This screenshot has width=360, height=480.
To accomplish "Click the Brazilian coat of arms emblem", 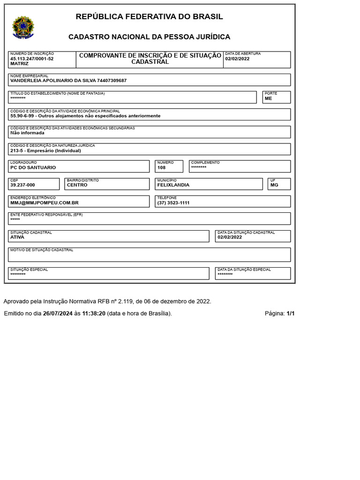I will click(x=23, y=28).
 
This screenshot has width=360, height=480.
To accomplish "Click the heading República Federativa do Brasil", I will click(x=149, y=17).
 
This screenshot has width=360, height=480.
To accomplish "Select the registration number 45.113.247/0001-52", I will click(x=32, y=59).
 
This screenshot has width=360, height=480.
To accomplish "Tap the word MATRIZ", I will click(x=19, y=63).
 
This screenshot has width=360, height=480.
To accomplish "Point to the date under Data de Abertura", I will click(x=237, y=59).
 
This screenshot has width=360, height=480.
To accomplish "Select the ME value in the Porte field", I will click(x=268, y=98).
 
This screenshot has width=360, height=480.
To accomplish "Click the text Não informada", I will click(x=27, y=133).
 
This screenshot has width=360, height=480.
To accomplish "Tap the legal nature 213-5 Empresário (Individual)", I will click(x=45, y=150).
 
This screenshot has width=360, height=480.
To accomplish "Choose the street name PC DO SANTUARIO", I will click(x=33, y=167).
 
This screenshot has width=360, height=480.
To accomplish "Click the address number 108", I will click(x=162, y=167).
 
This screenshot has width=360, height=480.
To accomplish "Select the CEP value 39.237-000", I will click(x=22, y=185).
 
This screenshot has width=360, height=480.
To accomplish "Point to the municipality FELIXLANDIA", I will click(x=173, y=185).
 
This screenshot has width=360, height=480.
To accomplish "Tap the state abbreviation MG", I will click(x=274, y=185).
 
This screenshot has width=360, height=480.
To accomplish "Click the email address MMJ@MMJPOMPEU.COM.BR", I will click(x=45, y=202).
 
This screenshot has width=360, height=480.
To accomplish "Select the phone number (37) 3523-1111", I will click(x=173, y=202).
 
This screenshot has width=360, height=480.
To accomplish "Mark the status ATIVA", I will click(x=17, y=237).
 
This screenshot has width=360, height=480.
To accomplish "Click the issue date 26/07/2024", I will click(x=58, y=314).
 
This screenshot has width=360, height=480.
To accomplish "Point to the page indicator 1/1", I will click(x=290, y=314).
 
